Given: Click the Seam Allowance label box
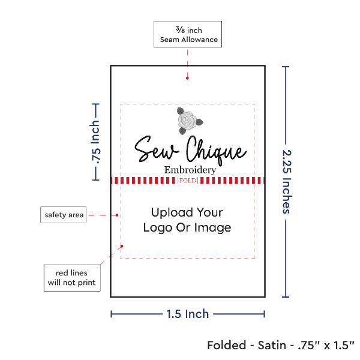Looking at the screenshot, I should coord(188,35).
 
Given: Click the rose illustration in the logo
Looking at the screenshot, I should coord(187,121).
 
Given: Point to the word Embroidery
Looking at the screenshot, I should coord(190,170).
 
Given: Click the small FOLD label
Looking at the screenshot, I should coord(188,181).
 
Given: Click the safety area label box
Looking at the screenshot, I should coord(63,214).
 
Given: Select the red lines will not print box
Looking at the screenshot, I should coord(71,277).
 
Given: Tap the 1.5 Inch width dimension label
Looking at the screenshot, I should coord(188,314).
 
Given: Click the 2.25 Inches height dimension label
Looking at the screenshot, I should coord(287,180).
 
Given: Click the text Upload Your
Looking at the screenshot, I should coord(187,212).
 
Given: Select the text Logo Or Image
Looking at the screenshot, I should coord(187,228).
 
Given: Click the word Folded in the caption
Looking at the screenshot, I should coord(227,346).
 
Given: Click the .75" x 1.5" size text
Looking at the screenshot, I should coord(325,346).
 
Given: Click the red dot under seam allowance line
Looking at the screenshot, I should coord(188,77).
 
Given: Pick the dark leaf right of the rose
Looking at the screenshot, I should coord(198,122).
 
